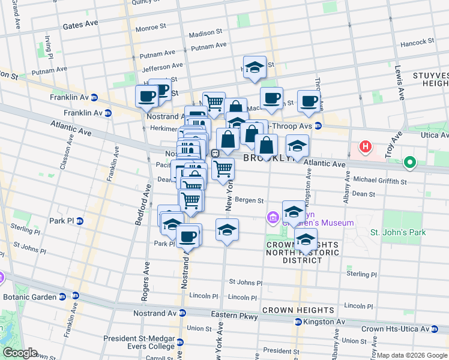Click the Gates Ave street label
(x=80, y=23)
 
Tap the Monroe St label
(x=151, y=28)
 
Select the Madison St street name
(x=206, y=34)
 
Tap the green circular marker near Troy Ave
(x=411, y=162)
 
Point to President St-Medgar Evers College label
(x=139, y=342)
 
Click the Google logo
(x=20, y=352)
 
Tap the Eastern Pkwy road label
(x=234, y=316)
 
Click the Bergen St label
(x=249, y=200)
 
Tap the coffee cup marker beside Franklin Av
(x=146, y=96)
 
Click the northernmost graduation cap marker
(x=255, y=67)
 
